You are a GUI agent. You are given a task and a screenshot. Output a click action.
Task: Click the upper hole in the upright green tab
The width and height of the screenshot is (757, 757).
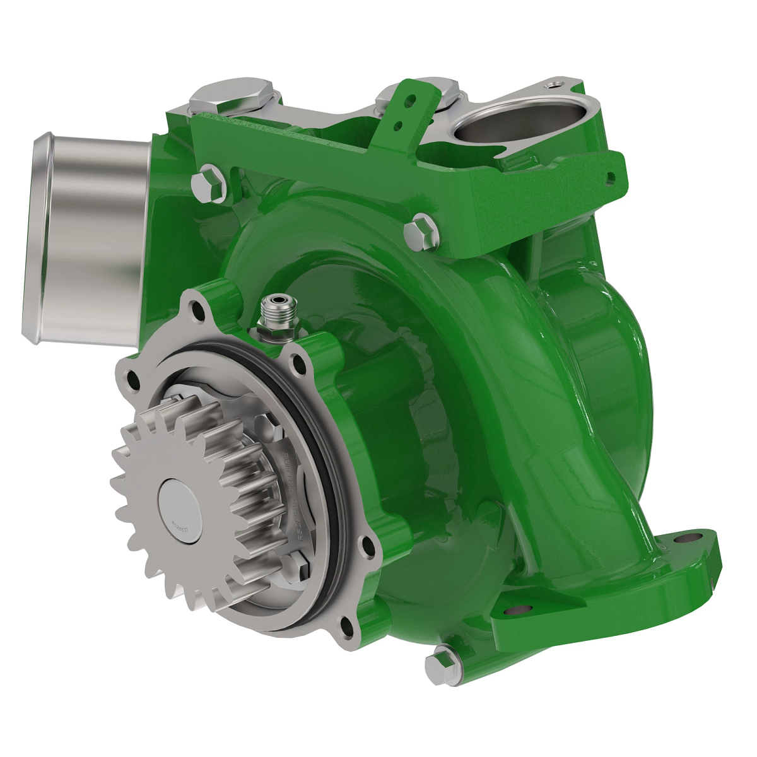coord(411,100)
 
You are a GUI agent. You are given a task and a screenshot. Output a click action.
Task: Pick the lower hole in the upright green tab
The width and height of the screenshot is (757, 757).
coord(398,126)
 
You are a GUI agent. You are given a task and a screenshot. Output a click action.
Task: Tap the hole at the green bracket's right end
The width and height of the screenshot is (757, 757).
coord(609,178)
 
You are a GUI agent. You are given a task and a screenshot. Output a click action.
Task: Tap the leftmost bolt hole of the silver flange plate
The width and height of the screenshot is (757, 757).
coord(132,378)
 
